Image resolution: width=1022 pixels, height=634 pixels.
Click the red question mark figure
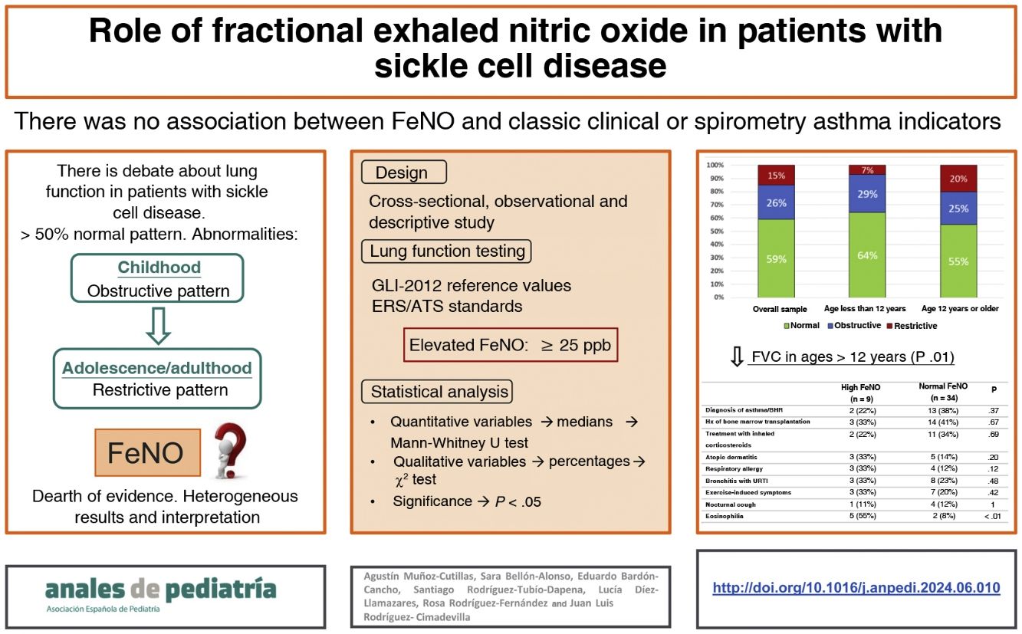(x=232, y=450)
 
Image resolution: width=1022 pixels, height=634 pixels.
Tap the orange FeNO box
(x=148, y=452)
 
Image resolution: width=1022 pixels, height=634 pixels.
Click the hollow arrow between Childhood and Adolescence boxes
(x=158, y=326)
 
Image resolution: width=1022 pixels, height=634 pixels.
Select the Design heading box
(x=404, y=172)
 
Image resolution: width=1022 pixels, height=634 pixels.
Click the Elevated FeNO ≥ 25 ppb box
(x=511, y=345)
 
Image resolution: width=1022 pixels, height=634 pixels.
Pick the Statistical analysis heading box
(x=437, y=391)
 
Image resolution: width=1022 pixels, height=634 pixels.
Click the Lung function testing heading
(x=446, y=251)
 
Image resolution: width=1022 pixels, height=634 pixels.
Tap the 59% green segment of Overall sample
(x=776, y=258)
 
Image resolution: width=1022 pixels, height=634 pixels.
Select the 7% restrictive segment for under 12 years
(x=867, y=169)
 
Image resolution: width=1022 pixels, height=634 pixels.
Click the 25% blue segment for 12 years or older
(x=958, y=209)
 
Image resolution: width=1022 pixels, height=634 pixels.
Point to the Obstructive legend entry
(x=854, y=325)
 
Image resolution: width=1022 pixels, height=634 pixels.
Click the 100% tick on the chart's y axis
(x=715, y=165)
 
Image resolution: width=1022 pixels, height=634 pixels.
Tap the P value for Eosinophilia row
(x=992, y=516)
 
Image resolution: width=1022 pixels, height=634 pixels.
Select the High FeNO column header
(x=860, y=393)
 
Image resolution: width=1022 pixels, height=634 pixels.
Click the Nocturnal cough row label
(x=731, y=504)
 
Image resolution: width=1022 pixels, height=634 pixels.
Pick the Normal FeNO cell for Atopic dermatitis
(x=942, y=457)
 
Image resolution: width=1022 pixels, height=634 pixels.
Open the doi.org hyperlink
(x=856, y=587)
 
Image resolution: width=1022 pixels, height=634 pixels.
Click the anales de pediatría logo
(x=160, y=594)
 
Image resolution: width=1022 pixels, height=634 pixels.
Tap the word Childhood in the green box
(x=159, y=268)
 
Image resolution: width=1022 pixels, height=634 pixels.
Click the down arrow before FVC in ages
(x=737, y=356)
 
